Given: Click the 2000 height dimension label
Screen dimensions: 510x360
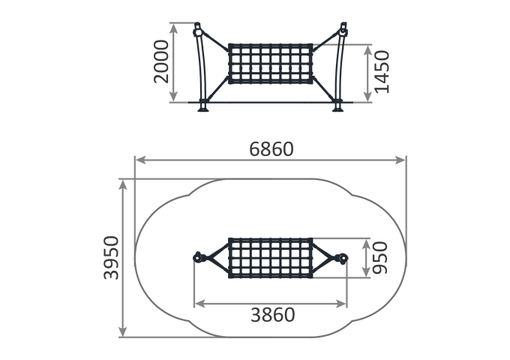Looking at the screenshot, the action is pyautogui.click(x=161, y=61).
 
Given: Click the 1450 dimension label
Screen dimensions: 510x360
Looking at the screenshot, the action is pyautogui.click(x=382, y=72).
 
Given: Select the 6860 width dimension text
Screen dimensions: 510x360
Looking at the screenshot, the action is pyautogui.click(x=271, y=149).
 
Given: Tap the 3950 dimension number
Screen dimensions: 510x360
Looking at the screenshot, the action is pyautogui.click(x=111, y=257).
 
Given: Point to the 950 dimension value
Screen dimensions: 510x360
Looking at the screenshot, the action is pyautogui.click(x=380, y=257).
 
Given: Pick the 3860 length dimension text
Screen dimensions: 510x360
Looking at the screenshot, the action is pyautogui.click(x=272, y=315).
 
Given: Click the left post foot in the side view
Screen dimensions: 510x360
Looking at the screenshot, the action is pyautogui.click(x=203, y=107).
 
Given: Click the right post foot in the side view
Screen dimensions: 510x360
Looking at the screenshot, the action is pyautogui.click(x=338, y=107).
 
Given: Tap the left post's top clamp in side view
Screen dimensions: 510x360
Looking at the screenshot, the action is pyautogui.click(x=197, y=31).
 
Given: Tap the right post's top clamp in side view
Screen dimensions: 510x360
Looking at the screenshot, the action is pyautogui.click(x=343, y=31).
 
